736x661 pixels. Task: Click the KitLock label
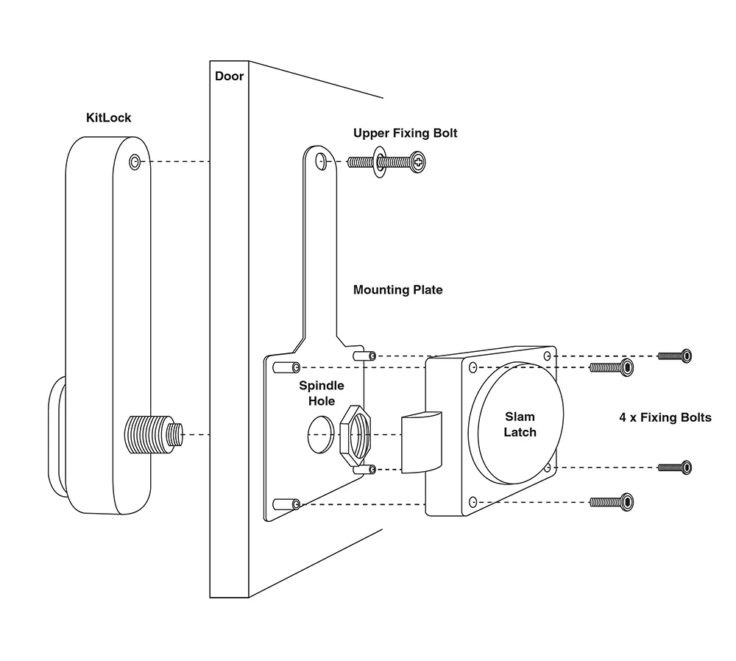tap(108, 118)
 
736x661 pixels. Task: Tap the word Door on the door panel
tap(229, 76)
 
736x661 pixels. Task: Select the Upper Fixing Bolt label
tap(405, 133)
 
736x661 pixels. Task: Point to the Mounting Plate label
tap(397, 290)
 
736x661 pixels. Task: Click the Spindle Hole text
tap(322, 393)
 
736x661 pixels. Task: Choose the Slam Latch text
tap(520, 425)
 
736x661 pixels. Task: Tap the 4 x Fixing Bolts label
tap(665, 418)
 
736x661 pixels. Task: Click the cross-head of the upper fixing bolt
tap(417, 163)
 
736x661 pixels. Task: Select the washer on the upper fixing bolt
tap(379, 163)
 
